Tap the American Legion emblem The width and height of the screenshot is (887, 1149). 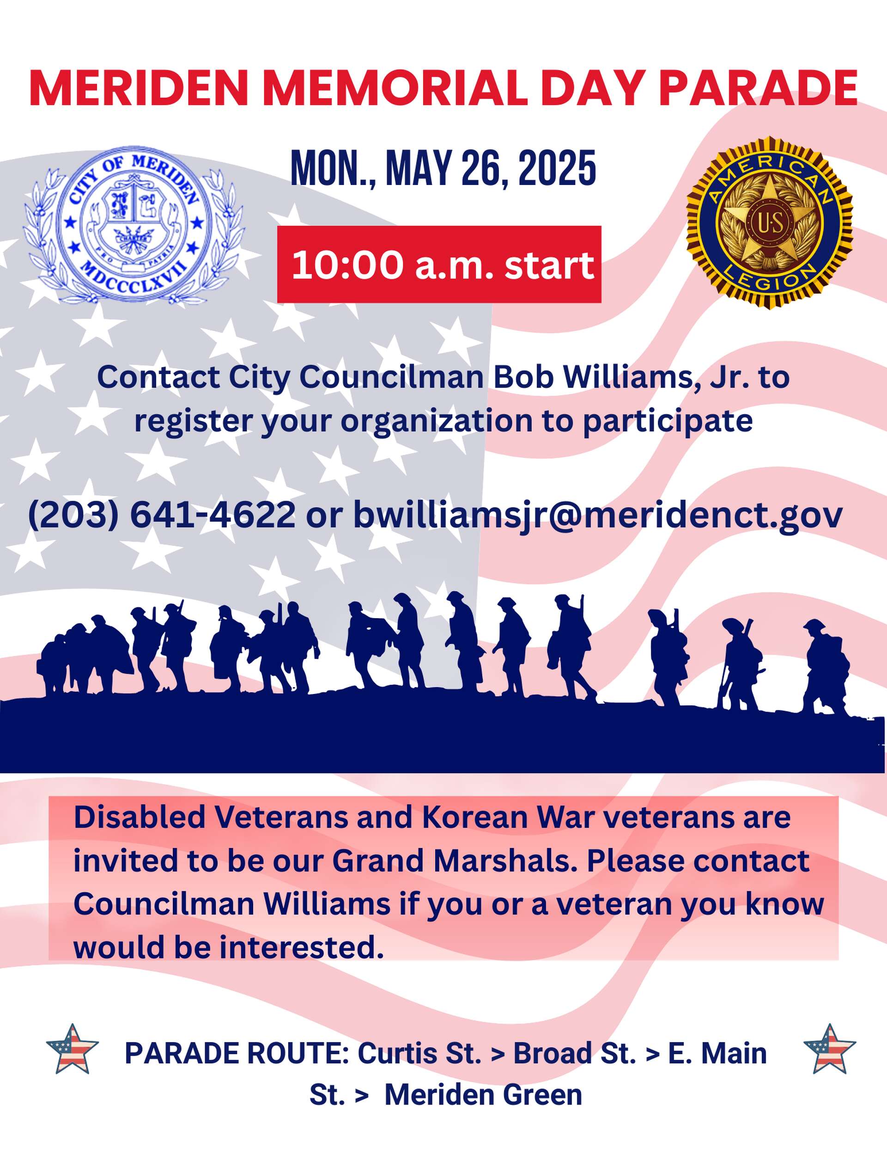pos(769,223)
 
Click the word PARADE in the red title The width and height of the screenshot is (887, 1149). pos(758,88)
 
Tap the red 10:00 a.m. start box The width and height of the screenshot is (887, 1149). pos(439,264)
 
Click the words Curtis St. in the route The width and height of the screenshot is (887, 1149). pos(419,1054)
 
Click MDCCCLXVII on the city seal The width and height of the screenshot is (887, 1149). pos(134,277)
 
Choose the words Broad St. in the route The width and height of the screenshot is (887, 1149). pos(574,1054)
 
